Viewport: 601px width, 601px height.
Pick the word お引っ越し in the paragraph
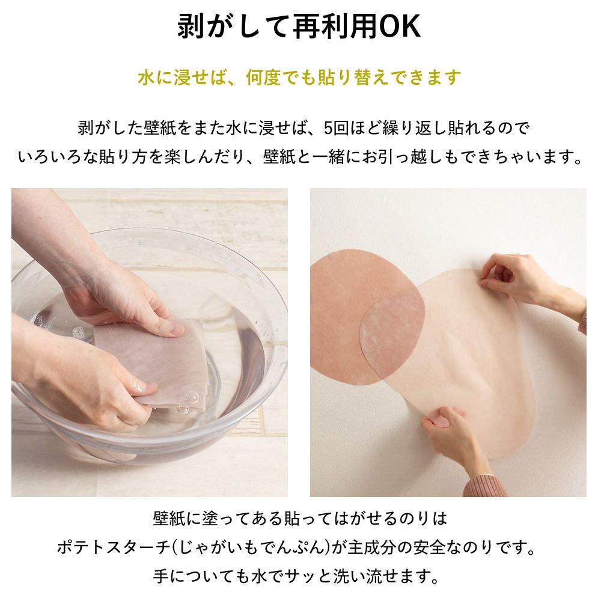(445, 157)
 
